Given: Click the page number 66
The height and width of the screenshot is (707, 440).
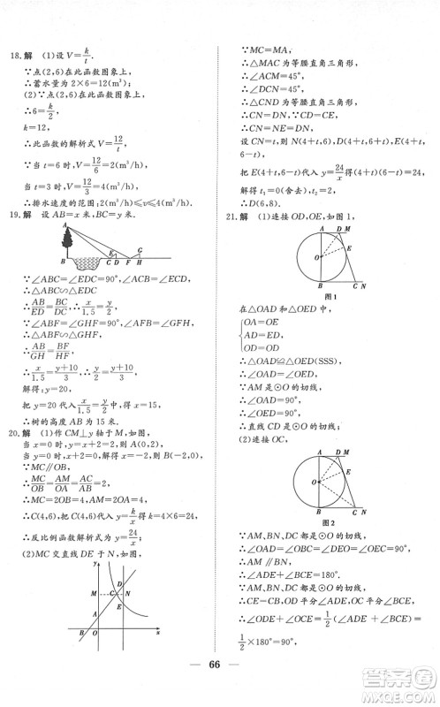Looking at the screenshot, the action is click(x=220, y=670).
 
